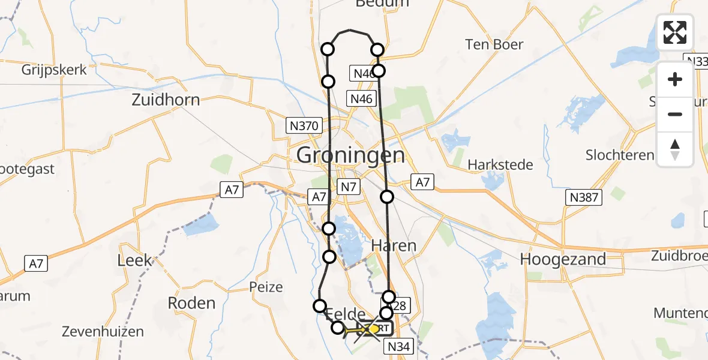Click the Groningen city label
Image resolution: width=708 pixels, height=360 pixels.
[350, 156]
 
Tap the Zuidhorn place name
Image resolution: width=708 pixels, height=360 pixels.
[166, 100]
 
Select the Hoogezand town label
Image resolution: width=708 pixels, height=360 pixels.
[563, 259]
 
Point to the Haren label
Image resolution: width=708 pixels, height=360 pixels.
[394, 245]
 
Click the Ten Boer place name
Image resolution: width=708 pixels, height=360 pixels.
[494, 44]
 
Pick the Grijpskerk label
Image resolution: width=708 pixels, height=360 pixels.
[54, 70]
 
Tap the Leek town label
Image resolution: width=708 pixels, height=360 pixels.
[135, 261]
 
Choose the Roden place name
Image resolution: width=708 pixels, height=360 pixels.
[191, 303]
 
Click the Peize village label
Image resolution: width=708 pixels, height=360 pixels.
[266, 287]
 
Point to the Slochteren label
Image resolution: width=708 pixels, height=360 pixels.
[620, 155]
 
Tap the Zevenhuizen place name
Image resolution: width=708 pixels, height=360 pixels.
[103, 331]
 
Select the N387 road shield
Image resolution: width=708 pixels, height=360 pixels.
[584, 197]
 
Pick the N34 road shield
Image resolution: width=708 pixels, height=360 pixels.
[399, 346]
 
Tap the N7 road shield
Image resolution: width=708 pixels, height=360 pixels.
[349, 187]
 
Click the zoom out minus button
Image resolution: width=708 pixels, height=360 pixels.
[675, 114]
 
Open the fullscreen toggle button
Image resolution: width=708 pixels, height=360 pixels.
[675, 32]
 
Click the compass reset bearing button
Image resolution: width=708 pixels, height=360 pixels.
[675, 148]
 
